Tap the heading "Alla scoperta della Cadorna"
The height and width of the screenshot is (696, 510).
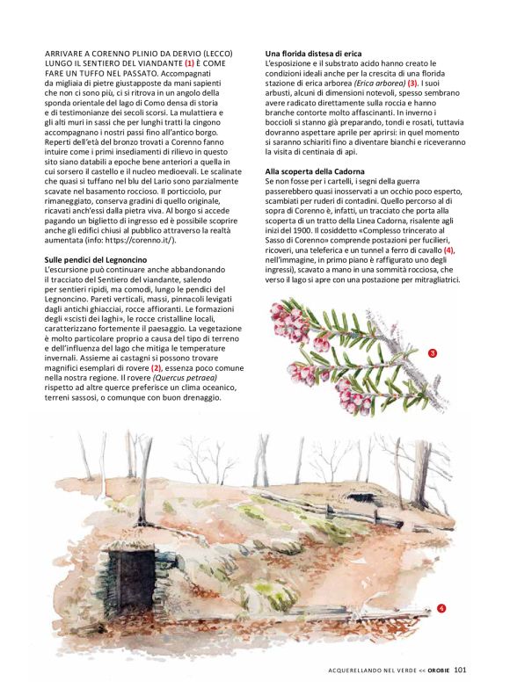[317, 170]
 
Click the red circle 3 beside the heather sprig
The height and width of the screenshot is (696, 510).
[433, 353]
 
